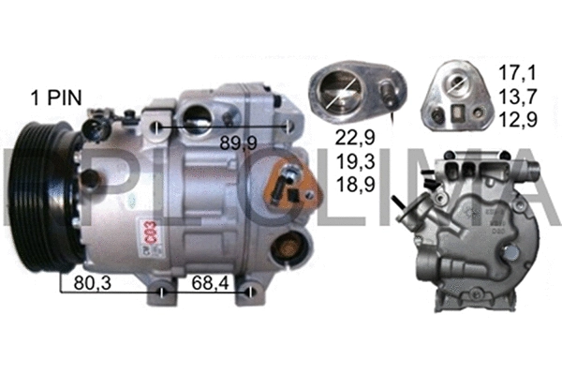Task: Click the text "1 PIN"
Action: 56,97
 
